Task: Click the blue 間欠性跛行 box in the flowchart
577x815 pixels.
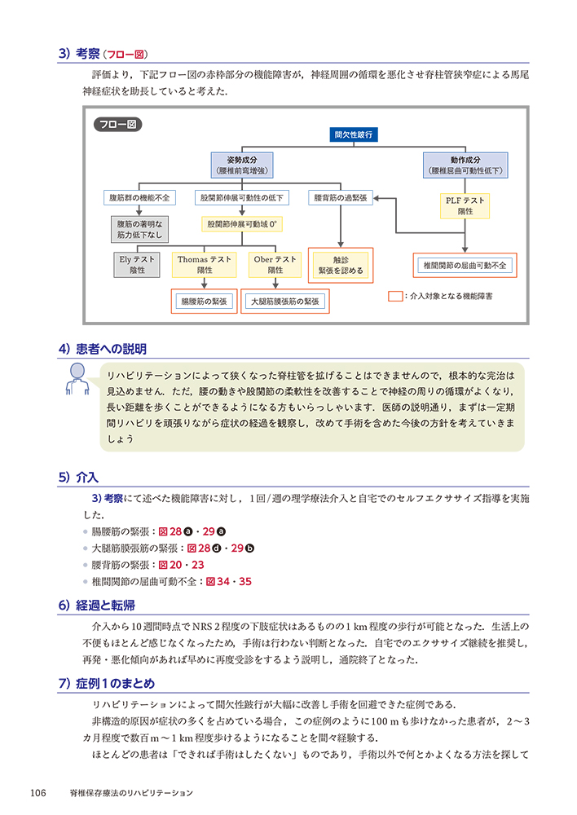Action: [x=353, y=134]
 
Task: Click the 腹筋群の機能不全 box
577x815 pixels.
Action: [x=139, y=198]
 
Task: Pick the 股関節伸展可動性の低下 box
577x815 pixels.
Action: [x=241, y=198]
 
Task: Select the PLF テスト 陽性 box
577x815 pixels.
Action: [x=465, y=205]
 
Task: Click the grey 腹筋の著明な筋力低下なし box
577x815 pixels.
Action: [x=139, y=229]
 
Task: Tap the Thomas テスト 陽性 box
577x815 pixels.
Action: [x=205, y=264]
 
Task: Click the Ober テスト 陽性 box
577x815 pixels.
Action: [x=275, y=264]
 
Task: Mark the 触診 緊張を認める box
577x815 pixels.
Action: [x=341, y=264]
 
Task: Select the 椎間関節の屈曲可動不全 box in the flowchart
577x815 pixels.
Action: [x=465, y=265]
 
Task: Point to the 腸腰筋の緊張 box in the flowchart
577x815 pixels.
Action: [x=204, y=302]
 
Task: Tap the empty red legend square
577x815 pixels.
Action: [x=395, y=296]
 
